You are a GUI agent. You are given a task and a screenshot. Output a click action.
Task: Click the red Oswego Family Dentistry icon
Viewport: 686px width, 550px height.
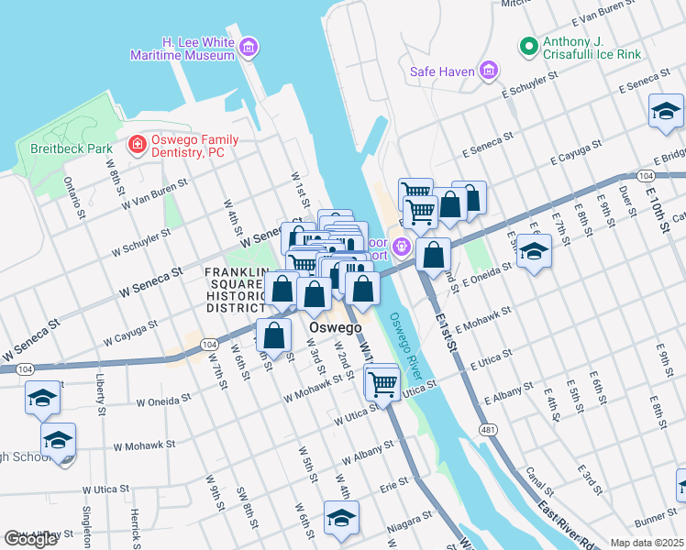pyautogui.click(x=137, y=145)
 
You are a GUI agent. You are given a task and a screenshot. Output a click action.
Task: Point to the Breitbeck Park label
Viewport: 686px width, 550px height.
pyautogui.click(x=58, y=148)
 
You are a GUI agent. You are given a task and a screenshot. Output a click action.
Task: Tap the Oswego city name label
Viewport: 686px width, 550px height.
pyautogui.click(x=335, y=327)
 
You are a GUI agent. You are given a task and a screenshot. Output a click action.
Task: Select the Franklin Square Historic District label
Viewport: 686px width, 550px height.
pyautogui.click(x=236, y=289)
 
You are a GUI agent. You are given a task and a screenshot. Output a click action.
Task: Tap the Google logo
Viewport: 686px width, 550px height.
pyautogui.click(x=31, y=539)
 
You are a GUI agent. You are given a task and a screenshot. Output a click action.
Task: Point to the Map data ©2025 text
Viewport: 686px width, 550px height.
pyautogui.click(x=647, y=543)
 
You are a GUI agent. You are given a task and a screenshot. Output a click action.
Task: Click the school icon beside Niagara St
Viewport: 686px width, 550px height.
pyautogui.click(x=339, y=519)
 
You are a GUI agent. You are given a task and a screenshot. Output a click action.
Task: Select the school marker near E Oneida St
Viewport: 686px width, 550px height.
pyautogui.click(x=533, y=252)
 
